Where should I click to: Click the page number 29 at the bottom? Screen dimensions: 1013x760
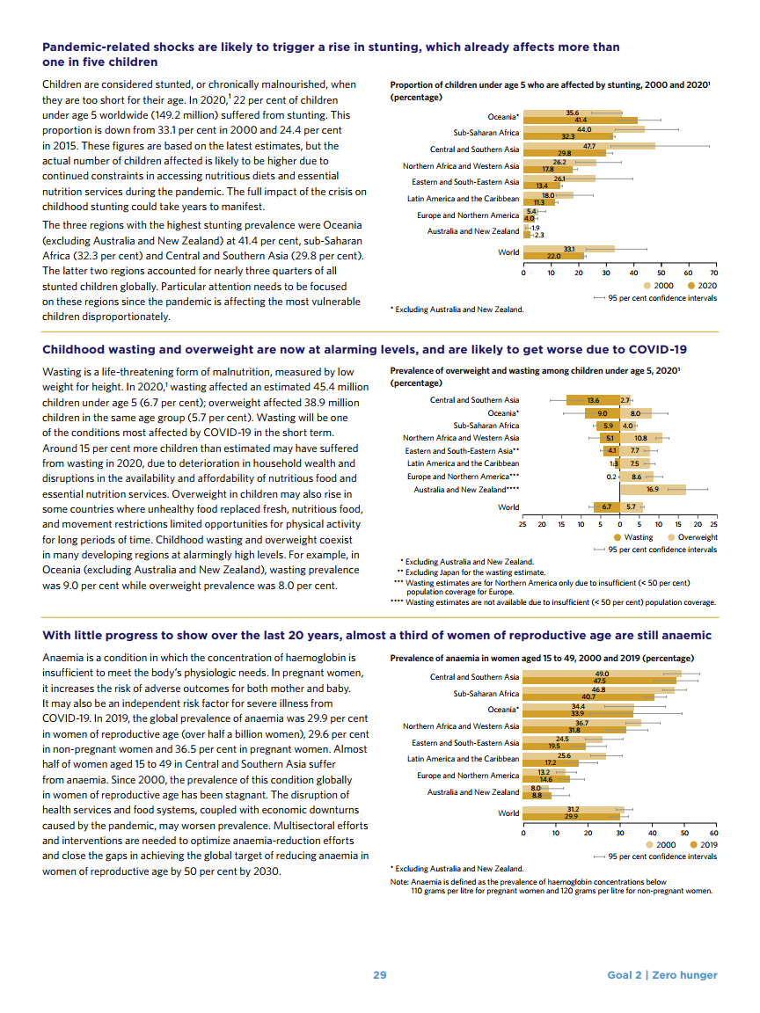pos(380,974)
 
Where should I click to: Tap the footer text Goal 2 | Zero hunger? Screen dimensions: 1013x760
pos(661,974)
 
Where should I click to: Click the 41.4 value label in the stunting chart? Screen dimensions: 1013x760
pos(581,120)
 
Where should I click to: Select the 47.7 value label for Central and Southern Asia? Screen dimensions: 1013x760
pos(590,145)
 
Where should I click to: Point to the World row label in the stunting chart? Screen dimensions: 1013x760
pos(508,252)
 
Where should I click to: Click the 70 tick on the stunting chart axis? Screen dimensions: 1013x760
pos(714,273)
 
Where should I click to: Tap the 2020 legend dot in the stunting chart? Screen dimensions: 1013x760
pos(691,286)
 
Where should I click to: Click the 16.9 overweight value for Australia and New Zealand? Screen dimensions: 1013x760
pos(653,489)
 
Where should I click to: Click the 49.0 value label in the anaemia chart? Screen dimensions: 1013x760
pos(602,673)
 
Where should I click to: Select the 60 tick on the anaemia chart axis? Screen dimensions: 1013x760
pos(714,832)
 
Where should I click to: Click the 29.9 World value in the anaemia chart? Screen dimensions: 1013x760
pos(572,817)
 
